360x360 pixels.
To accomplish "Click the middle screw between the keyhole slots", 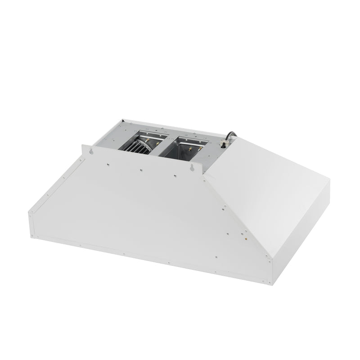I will tap(141, 170).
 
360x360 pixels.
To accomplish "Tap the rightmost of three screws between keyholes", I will tap(174, 176).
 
